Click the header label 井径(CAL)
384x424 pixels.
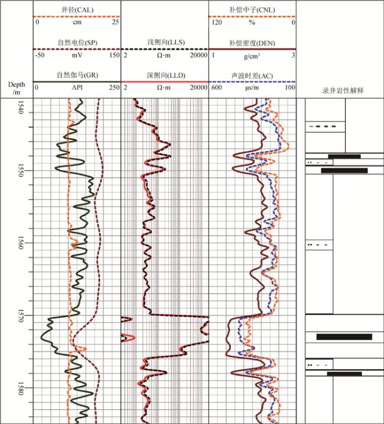tap(77, 10)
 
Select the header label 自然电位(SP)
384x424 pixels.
tap(77, 43)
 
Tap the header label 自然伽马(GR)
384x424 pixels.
tap(77, 75)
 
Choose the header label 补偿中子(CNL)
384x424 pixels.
tap(252, 10)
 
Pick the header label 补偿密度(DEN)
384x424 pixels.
tap(252, 43)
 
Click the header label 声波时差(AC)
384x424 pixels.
tap(252, 75)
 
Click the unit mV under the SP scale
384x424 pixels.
tap(77, 54)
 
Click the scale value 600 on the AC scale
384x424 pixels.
tap(217, 87)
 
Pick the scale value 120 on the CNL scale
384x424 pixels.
tap(217, 22)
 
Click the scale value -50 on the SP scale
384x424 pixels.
tap(40, 54)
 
